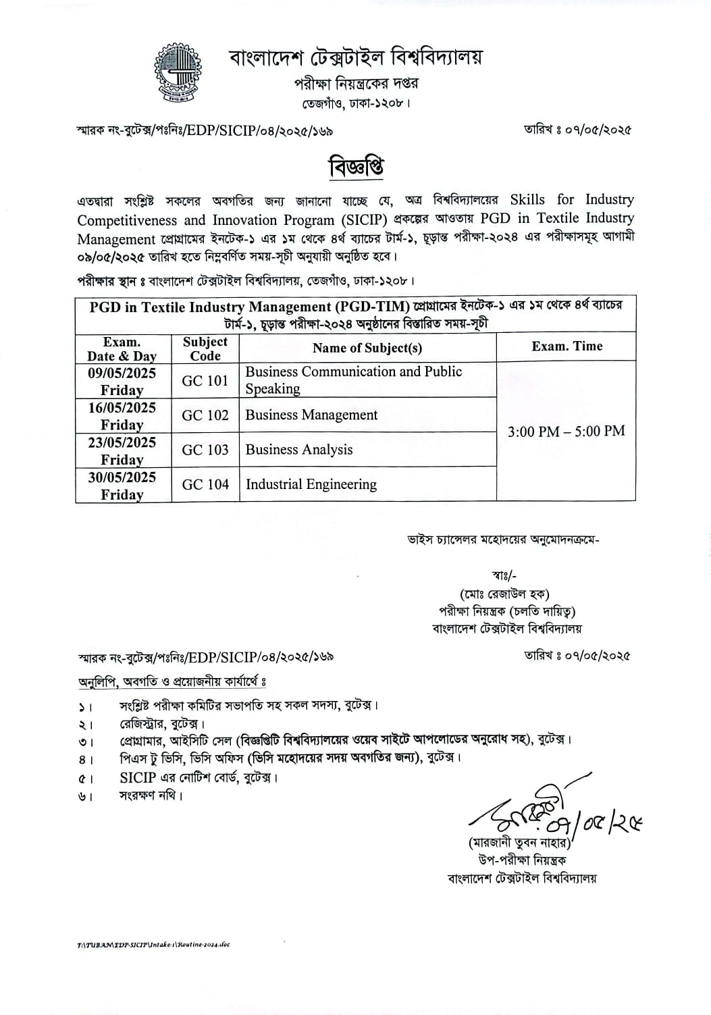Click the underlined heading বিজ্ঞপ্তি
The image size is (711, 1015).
[357, 166]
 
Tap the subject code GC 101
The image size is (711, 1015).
[205, 381]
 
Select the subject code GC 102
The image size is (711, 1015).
[205, 415]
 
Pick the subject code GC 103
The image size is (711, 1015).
[205, 450]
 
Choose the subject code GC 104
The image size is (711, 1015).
[205, 484]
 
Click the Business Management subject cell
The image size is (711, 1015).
[311, 415]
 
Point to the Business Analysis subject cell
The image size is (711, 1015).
[299, 450]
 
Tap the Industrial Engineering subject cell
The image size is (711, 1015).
[311, 484]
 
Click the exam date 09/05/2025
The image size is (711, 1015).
[122, 373]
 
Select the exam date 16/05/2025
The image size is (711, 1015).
[122, 408]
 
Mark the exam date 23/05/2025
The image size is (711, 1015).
[122, 442]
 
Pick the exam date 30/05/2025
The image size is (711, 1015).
[122, 477]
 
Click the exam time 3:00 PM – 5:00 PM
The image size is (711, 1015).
[566, 431]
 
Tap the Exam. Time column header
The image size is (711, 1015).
[567, 346]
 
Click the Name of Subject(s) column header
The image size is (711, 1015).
[367, 348]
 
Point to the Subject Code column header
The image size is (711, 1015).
[205, 348]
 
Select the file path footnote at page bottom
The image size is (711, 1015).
[153, 944]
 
